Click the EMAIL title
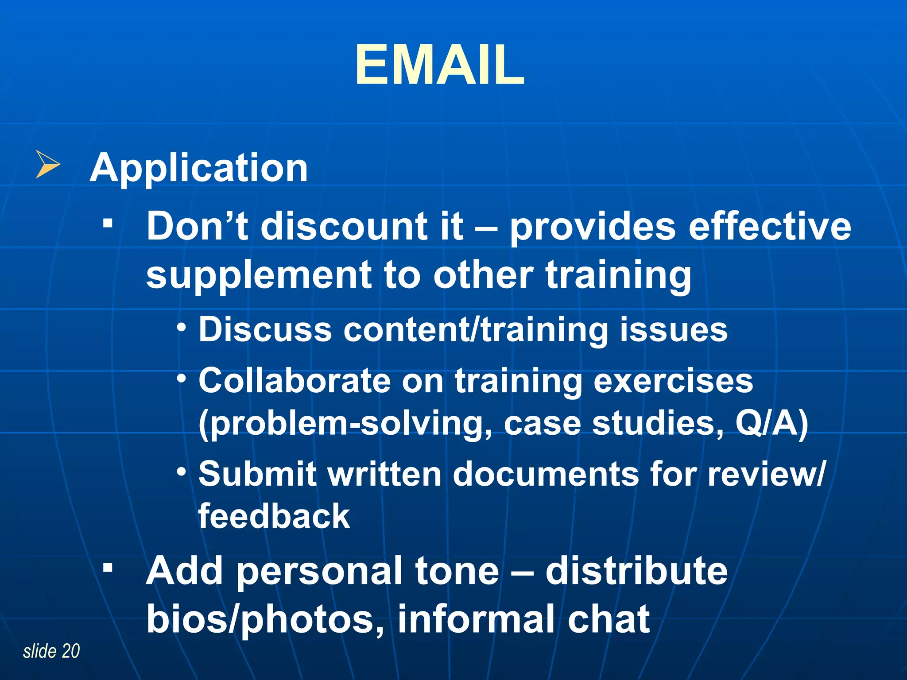[x=440, y=66]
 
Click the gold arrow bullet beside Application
[x=47, y=164]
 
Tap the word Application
[x=199, y=168]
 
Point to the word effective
[x=770, y=226]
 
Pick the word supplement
[x=259, y=275]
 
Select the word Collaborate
[x=295, y=381]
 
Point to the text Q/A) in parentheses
[x=772, y=424]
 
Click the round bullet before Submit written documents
[x=181, y=472]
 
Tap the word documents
[x=546, y=474]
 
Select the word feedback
[x=274, y=516]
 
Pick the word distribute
[x=636, y=571]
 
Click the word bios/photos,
[x=266, y=619]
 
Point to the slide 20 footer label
[x=51, y=651]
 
